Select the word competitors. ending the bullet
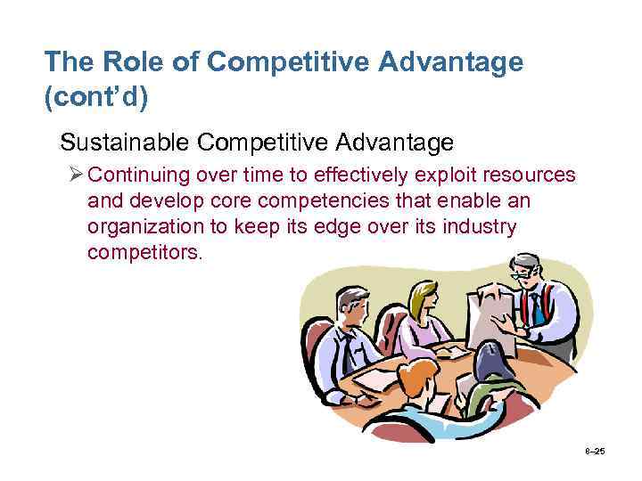pos(144,252)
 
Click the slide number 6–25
pos(594,451)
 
